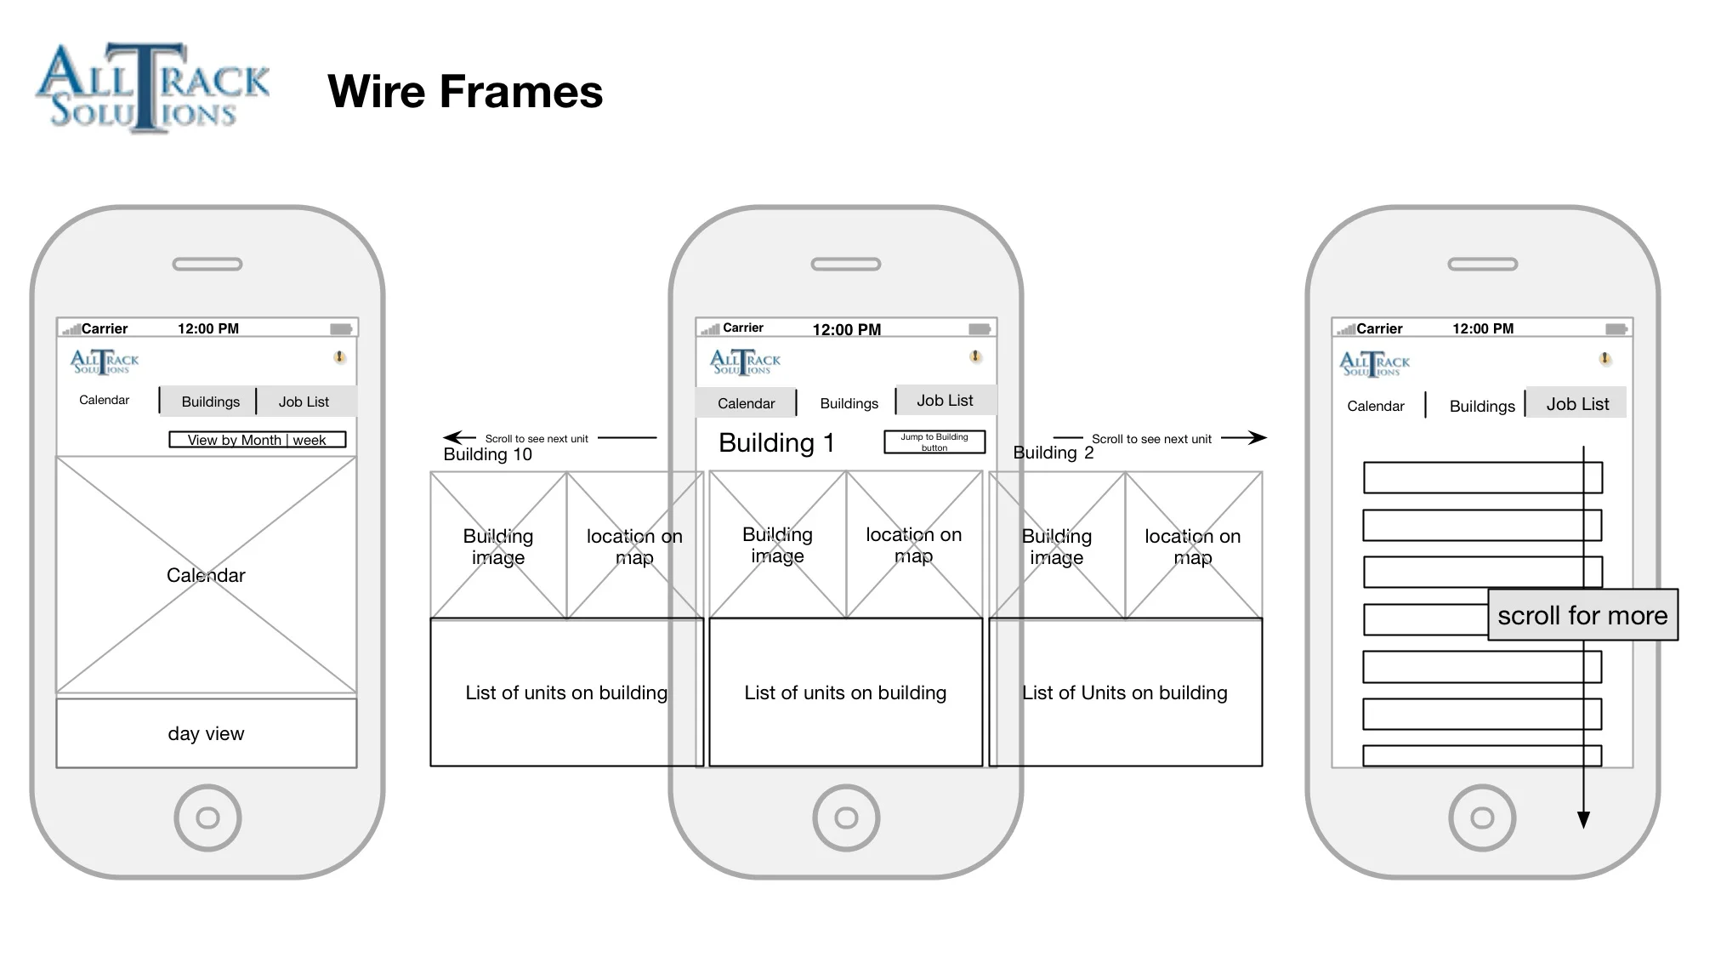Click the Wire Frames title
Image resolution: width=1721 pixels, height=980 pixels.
pos(464,92)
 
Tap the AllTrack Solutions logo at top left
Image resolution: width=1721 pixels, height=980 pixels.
pos(151,88)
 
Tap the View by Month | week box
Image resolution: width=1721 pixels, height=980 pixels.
pos(257,440)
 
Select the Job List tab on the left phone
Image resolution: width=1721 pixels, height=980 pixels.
pos(304,402)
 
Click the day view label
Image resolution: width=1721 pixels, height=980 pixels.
pos(206,733)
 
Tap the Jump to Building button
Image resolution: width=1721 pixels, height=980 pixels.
pos(934,442)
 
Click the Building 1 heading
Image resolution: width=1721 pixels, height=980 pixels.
pos(776,442)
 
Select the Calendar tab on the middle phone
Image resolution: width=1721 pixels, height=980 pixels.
pos(746,403)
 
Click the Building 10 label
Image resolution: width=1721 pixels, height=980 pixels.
pos(487,454)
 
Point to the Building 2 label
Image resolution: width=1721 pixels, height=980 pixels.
pos(1053,453)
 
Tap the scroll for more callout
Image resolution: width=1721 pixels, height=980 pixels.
pos(1582,615)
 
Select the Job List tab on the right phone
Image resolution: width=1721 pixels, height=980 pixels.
pos(1577,404)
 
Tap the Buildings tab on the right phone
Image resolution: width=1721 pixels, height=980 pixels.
pos(1481,406)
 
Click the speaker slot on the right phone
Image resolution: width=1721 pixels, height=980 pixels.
pos(1482,265)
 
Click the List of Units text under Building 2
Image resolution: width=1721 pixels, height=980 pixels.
pos(1124,692)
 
